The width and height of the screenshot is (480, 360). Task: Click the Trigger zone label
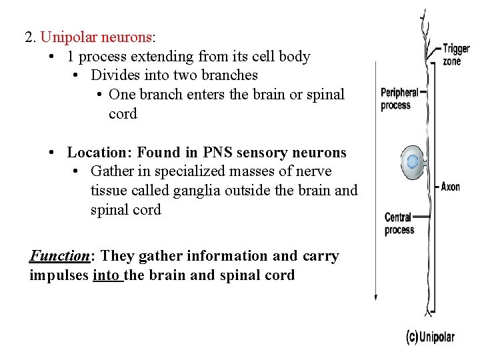point(456,55)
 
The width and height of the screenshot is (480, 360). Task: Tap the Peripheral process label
point(399,99)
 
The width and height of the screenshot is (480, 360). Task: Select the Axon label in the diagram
point(451,187)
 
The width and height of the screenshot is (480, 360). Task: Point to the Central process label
point(399,224)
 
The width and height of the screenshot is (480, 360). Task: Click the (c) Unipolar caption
point(430,337)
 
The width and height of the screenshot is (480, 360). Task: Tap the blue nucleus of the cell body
point(413,161)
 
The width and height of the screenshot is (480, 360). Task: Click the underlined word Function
point(59,256)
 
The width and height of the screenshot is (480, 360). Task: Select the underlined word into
point(108,275)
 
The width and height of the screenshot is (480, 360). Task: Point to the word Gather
point(112,171)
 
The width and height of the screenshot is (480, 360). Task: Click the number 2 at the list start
point(29,37)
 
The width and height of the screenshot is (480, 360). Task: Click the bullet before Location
point(51,153)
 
